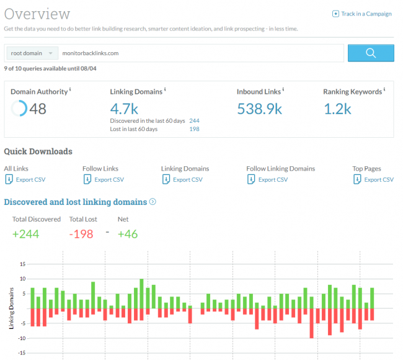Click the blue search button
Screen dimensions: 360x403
(371, 53)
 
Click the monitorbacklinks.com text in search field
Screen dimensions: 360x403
(91, 53)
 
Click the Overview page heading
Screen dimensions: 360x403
(37, 14)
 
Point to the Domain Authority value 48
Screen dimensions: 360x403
(37, 109)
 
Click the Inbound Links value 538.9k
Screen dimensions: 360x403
(260, 109)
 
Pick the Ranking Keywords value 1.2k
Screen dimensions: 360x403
(338, 109)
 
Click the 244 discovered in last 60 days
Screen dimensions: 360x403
(194, 120)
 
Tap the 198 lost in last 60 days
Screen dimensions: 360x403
(194, 129)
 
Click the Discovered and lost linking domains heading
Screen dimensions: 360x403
(76, 202)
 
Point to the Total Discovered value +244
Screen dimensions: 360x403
(25, 234)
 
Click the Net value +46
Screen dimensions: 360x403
(128, 234)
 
